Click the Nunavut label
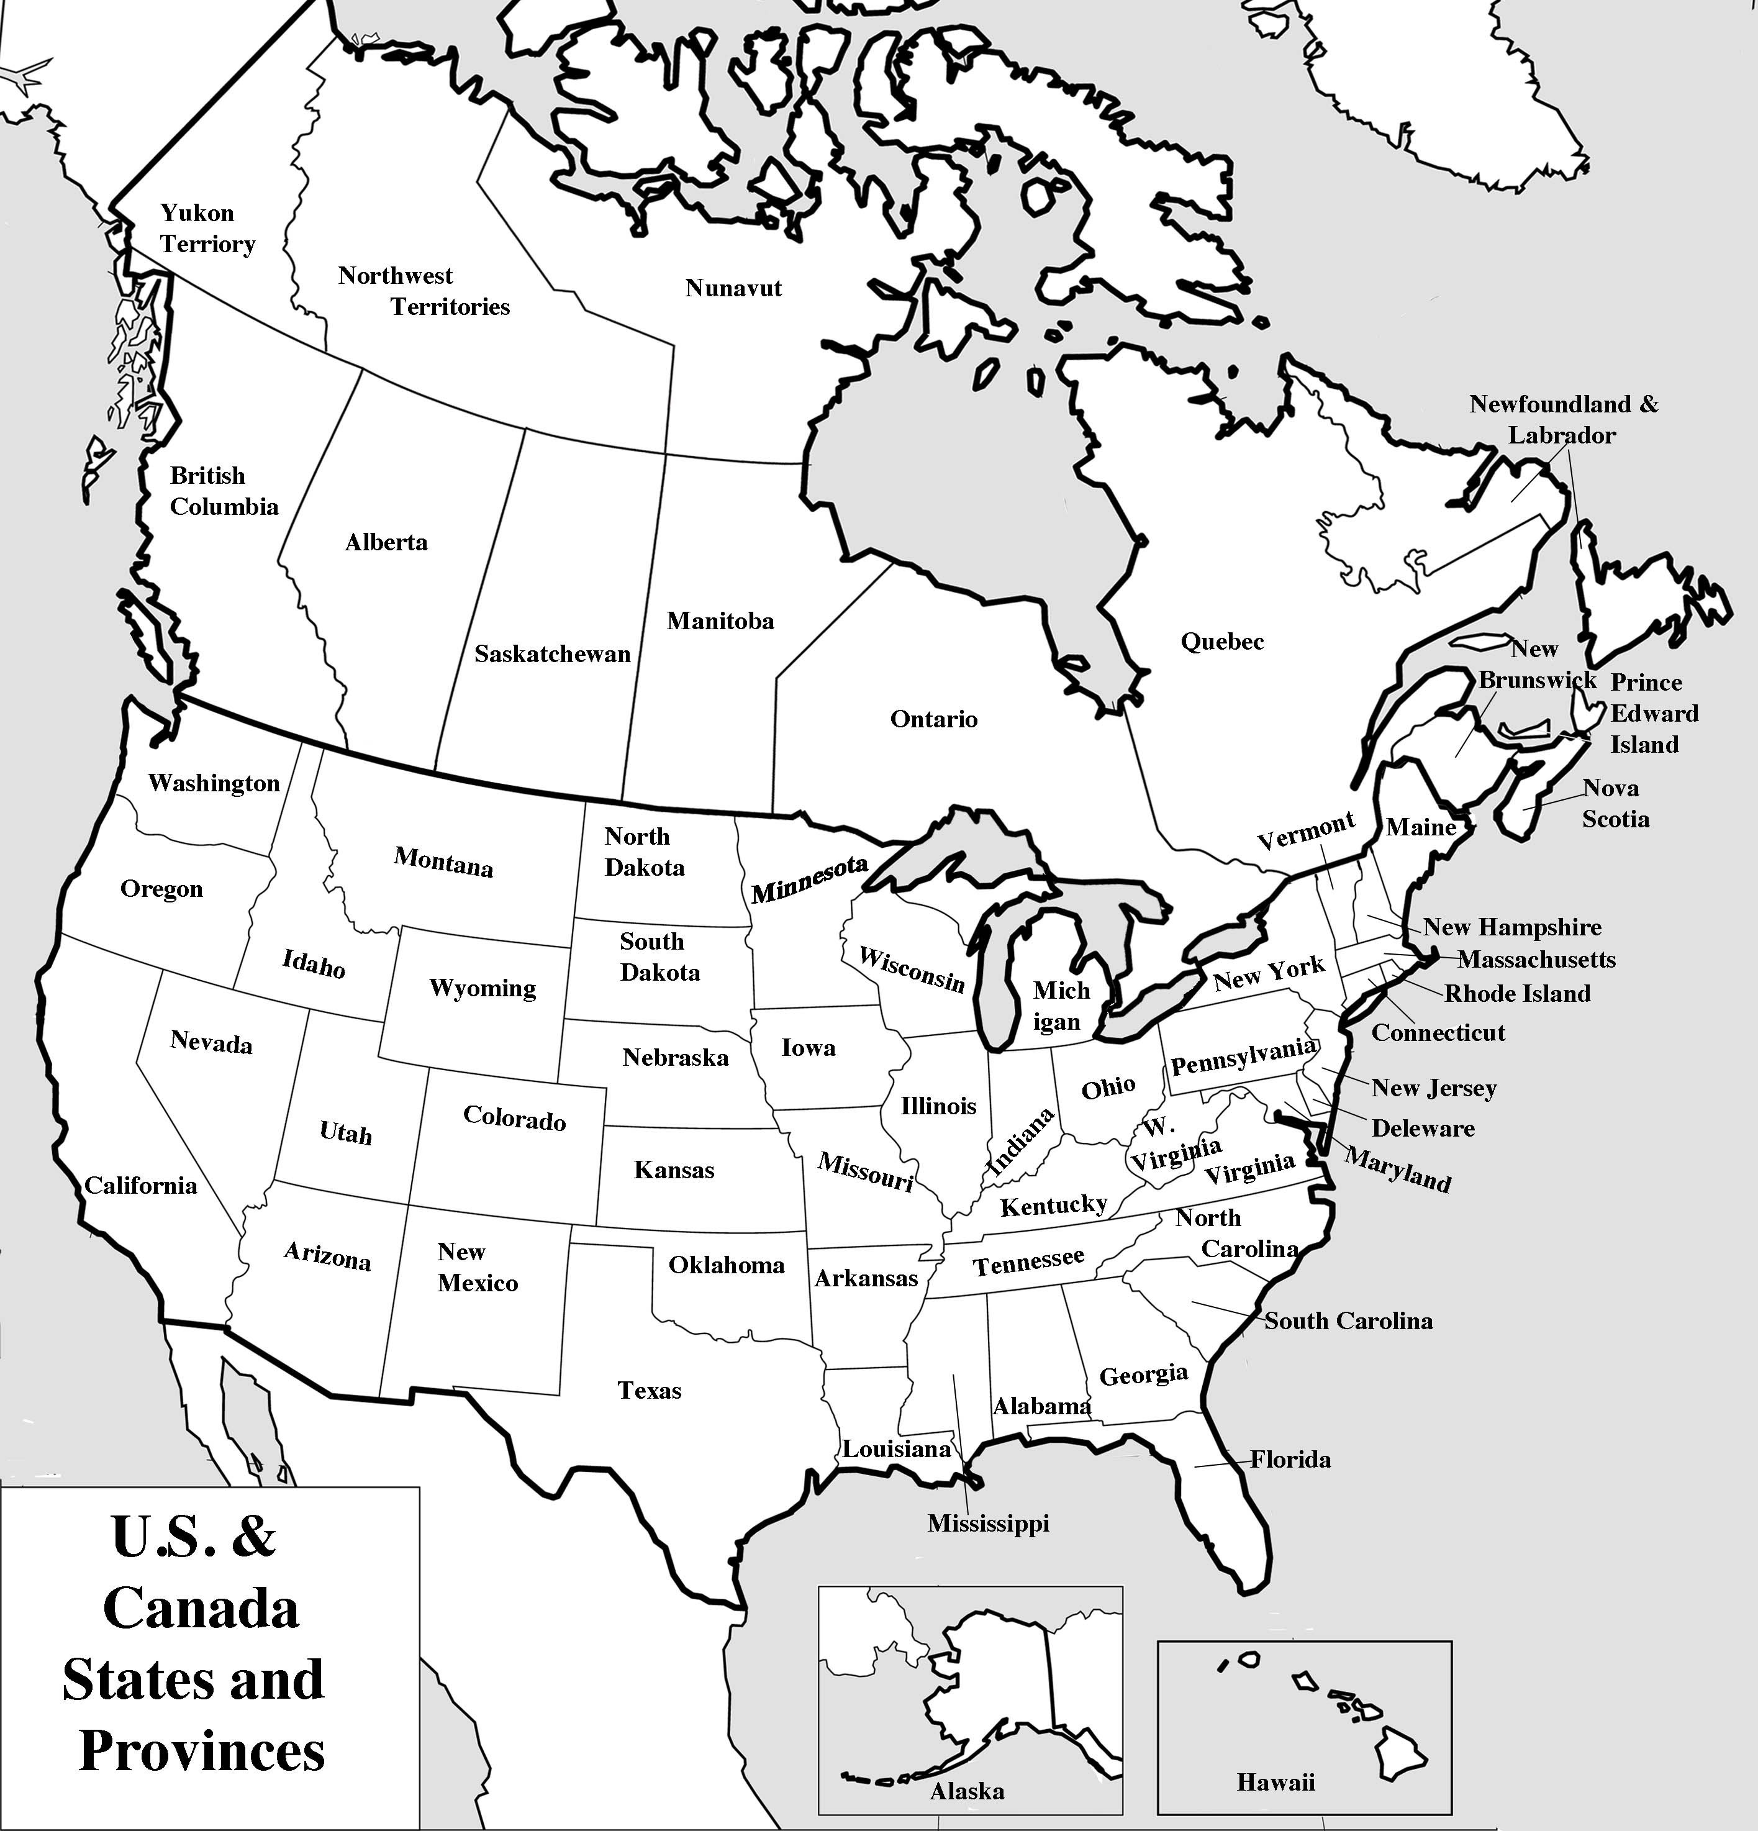click(x=733, y=288)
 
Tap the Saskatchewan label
click(x=552, y=654)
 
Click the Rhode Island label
click(x=1517, y=993)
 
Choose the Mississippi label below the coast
click(x=988, y=1524)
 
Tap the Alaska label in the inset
click(x=967, y=1791)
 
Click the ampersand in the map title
click(x=253, y=1537)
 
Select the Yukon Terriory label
click(x=206, y=229)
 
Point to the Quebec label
click(x=1222, y=642)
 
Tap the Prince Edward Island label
click(x=1654, y=714)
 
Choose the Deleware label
click(x=1423, y=1129)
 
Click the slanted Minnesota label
click(x=810, y=880)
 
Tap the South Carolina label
click(x=1348, y=1321)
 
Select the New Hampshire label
click(x=1511, y=928)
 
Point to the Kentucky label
click(x=1054, y=1205)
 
